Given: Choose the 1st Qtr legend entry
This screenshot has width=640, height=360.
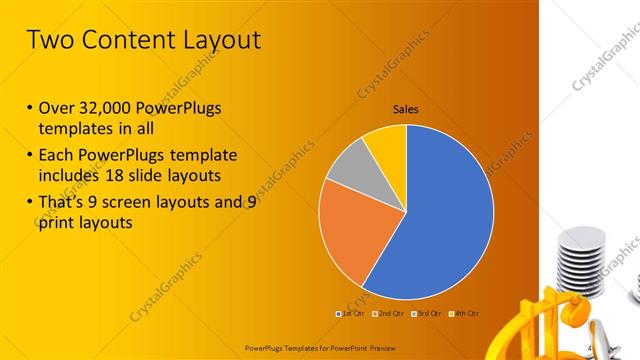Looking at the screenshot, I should pyautogui.click(x=351, y=315).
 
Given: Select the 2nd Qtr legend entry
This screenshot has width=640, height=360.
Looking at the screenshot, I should pyautogui.click(x=389, y=315).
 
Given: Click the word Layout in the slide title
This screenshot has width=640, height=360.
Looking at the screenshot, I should pyautogui.click(x=214, y=41).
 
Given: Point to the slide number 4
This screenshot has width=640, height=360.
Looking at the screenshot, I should pyautogui.click(x=589, y=347).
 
